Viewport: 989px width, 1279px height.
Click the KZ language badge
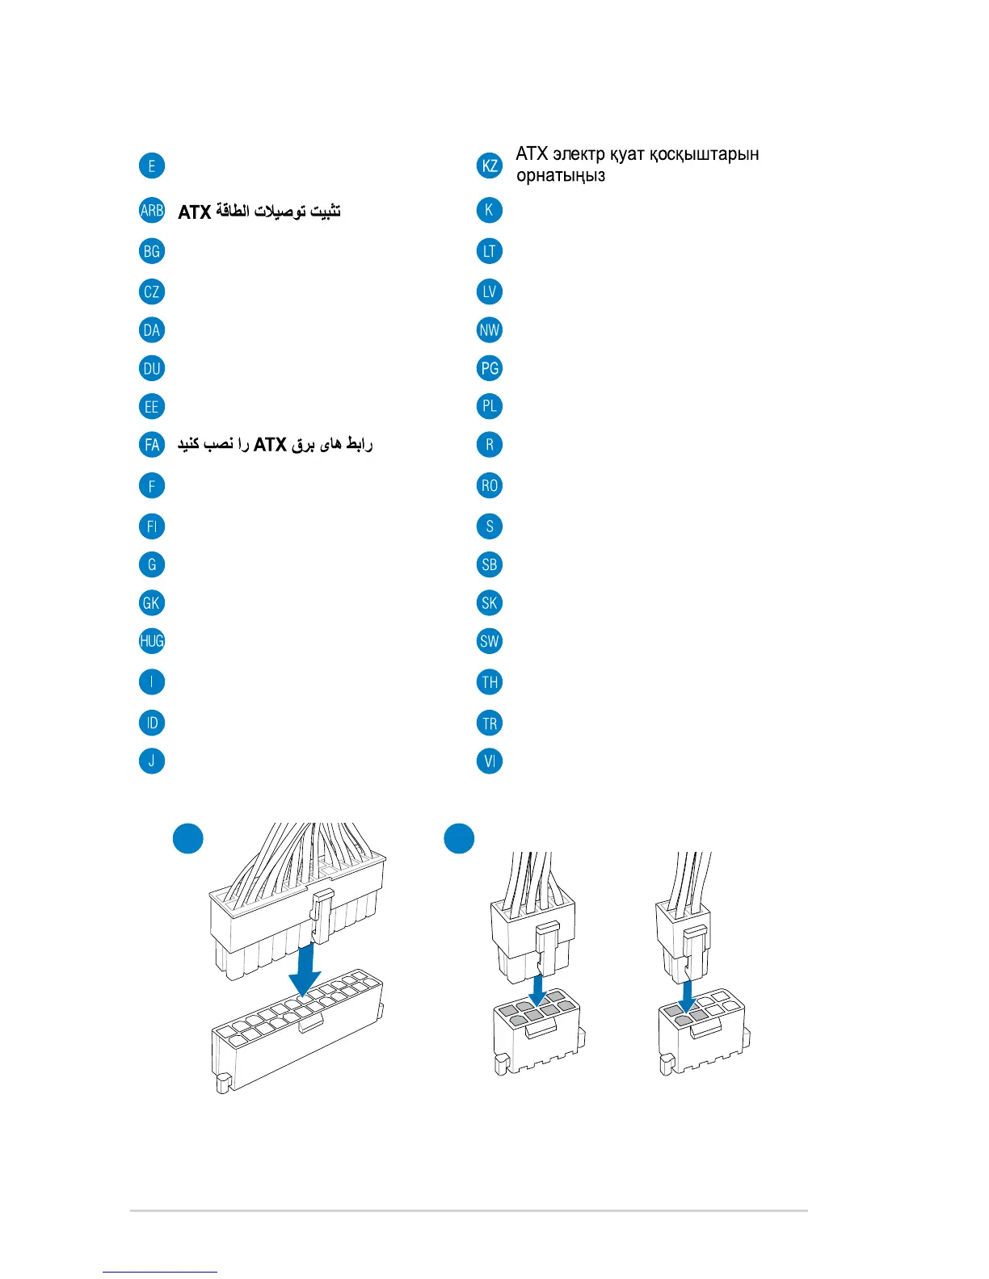click(x=490, y=166)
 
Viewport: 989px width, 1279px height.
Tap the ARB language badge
click(x=152, y=211)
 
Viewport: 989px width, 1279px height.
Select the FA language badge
click(x=152, y=444)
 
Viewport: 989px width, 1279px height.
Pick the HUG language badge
click(x=152, y=641)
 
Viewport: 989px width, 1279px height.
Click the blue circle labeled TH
click(x=490, y=682)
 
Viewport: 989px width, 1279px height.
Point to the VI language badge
click(x=490, y=761)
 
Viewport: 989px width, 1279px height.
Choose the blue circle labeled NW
click(x=490, y=329)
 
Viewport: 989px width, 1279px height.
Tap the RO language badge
click(x=490, y=485)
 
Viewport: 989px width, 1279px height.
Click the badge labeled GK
click(x=152, y=602)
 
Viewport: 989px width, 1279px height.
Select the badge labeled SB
click(x=490, y=564)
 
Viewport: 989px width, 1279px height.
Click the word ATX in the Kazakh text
click(x=532, y=154)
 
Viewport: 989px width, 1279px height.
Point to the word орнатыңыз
click(x=560, y=176)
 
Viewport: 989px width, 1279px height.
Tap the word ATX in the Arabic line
click(x=195, y=212)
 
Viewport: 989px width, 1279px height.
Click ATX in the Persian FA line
click(x=271, y=445)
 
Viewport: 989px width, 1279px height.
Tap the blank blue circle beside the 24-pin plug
click(x=188, y=839)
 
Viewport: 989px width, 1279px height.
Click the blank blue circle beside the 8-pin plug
click(x=459, y=839)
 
